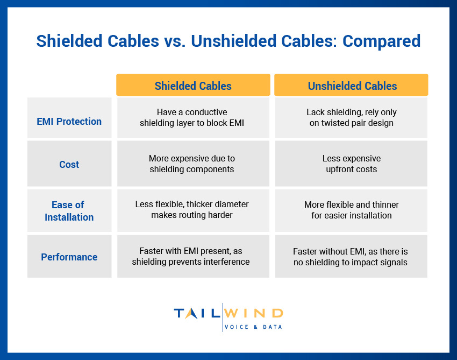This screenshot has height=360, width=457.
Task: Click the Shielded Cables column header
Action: (193, 86)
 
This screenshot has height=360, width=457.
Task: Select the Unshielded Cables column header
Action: (352, 86)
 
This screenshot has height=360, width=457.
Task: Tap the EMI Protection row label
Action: (69, 121)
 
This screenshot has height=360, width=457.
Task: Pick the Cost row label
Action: (69, 164)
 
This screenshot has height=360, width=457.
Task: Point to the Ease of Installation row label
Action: (69, 211)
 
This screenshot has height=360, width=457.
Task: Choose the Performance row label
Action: (69, 257)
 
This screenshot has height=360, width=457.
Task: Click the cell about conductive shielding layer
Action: (193, 117)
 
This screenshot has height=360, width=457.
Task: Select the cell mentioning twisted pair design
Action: (352, 117)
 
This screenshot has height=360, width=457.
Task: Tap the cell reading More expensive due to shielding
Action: (193, 164)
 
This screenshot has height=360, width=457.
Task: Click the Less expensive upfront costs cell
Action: (352, 164)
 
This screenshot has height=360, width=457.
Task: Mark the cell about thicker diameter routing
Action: (193, 210)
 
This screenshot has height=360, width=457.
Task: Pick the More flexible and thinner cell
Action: (352, 210)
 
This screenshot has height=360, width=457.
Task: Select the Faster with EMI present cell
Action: (193, 256)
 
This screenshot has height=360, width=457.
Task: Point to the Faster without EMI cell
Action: (352, 256)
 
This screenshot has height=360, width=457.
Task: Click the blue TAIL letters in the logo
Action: (197, 313)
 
